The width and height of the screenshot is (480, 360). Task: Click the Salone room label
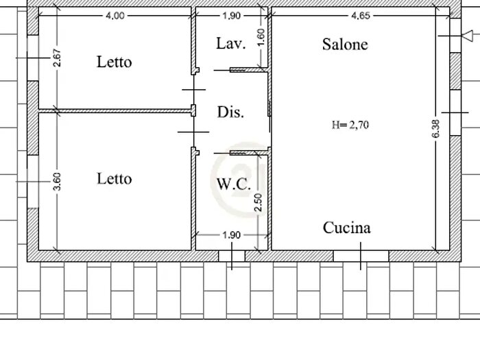pos(345,45)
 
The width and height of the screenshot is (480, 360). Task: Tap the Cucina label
pos(347,228)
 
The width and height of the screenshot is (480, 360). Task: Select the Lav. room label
pos(230,45)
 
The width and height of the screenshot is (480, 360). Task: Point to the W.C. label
pos(233,184)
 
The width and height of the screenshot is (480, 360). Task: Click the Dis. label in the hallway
pos(230,112)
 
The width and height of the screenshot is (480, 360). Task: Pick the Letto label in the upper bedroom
pos(114,62)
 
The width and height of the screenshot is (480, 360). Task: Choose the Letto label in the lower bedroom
pos(114,179)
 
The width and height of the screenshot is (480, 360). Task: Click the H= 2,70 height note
pos(350,125)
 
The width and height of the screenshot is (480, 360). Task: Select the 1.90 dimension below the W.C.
pos(232,235)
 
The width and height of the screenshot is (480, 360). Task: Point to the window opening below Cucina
pos(361,255)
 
